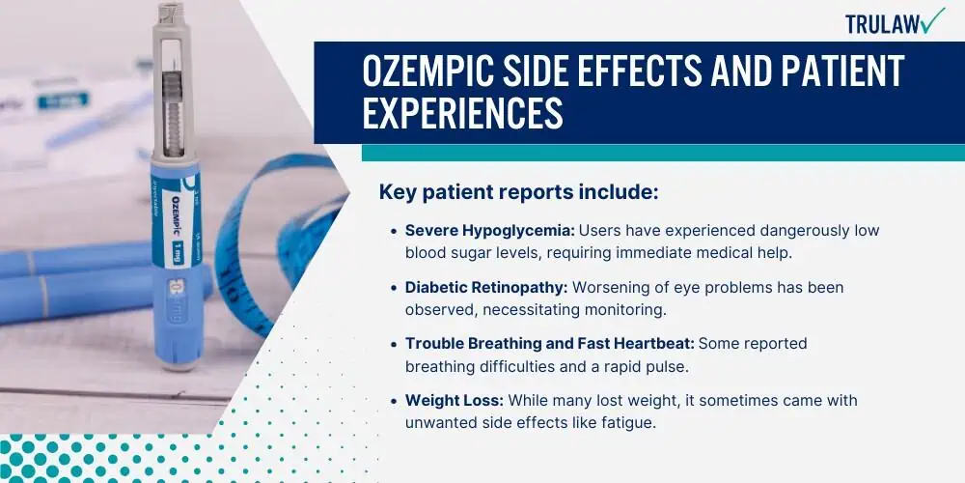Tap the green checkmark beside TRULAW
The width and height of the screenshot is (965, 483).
point(933,20)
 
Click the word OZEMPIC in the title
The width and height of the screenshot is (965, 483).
point(429,71)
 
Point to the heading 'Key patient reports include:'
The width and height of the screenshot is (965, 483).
point(519,192)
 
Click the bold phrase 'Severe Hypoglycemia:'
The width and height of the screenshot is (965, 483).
point(490,231)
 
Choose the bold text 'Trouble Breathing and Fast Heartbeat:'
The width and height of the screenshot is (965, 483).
point(550,344)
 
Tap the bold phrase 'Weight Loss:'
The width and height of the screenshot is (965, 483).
point(455,401)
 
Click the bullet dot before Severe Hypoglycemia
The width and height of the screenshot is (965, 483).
point(394,231)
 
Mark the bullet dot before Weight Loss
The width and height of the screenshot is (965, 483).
point(394,401)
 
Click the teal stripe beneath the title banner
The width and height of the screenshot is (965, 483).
point(663,153)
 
